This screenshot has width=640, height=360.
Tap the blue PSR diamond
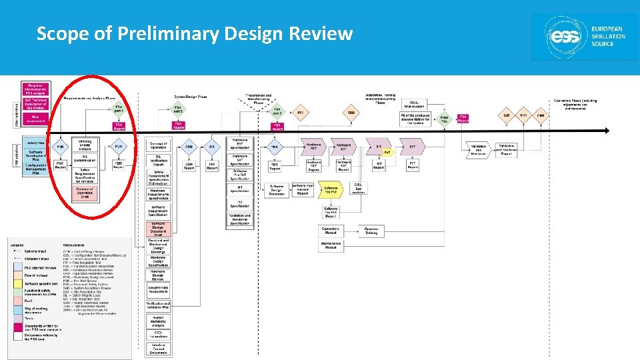coord(60,147)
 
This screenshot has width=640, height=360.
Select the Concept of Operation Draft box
coord(85,193)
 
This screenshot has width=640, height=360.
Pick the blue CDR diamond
coord(189,147)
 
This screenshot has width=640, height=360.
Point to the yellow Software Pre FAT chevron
coord(331,189)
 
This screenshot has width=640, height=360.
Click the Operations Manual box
coord(331,230)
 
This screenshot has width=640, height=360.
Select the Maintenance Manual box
coord(331,245)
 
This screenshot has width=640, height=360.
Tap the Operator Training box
coord(371,230)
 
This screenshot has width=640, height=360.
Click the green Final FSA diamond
coord(444,119)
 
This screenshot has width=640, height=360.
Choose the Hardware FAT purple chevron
coord(313,147)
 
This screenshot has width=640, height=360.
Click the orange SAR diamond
coord(507,116)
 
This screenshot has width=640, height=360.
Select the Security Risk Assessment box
coord(158,289)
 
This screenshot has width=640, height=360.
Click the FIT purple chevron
coord(413,147)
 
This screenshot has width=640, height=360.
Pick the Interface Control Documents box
coord(158,347)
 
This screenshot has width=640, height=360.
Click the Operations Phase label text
coord(575,103)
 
